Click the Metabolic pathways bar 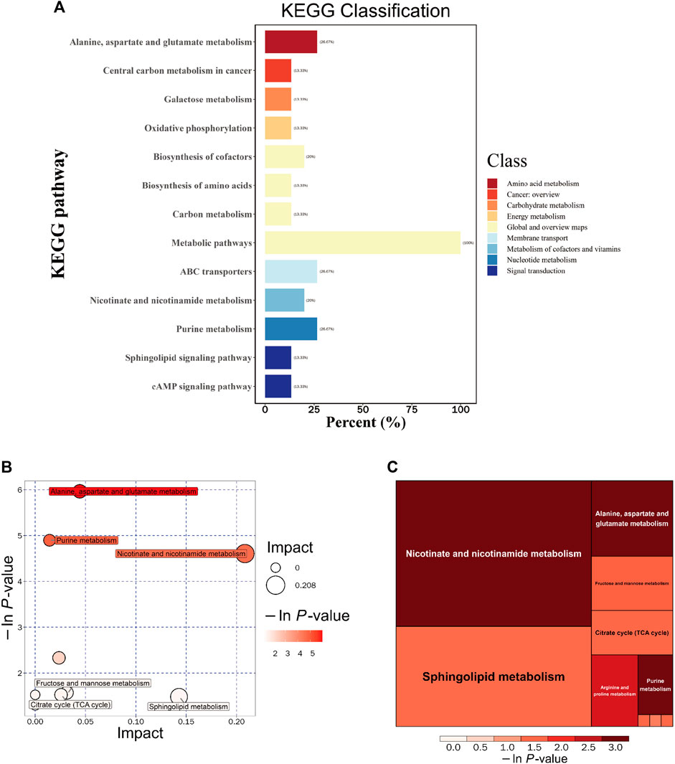click(x=362, y=242)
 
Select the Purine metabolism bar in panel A click(x=291, y=329)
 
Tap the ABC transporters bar click(x=291, y=271)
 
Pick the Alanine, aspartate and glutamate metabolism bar click(x=291, y=42)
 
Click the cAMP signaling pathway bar click(x=278, y=386)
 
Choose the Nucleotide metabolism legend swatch click(x=492, y=260)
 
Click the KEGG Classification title click(x=367, y=11)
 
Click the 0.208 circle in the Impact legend click(x=275, y=585)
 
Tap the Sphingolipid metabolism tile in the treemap click(x=494, y=676)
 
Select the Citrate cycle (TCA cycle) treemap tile click(x=632, y=633)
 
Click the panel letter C click(x=392, y=467)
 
